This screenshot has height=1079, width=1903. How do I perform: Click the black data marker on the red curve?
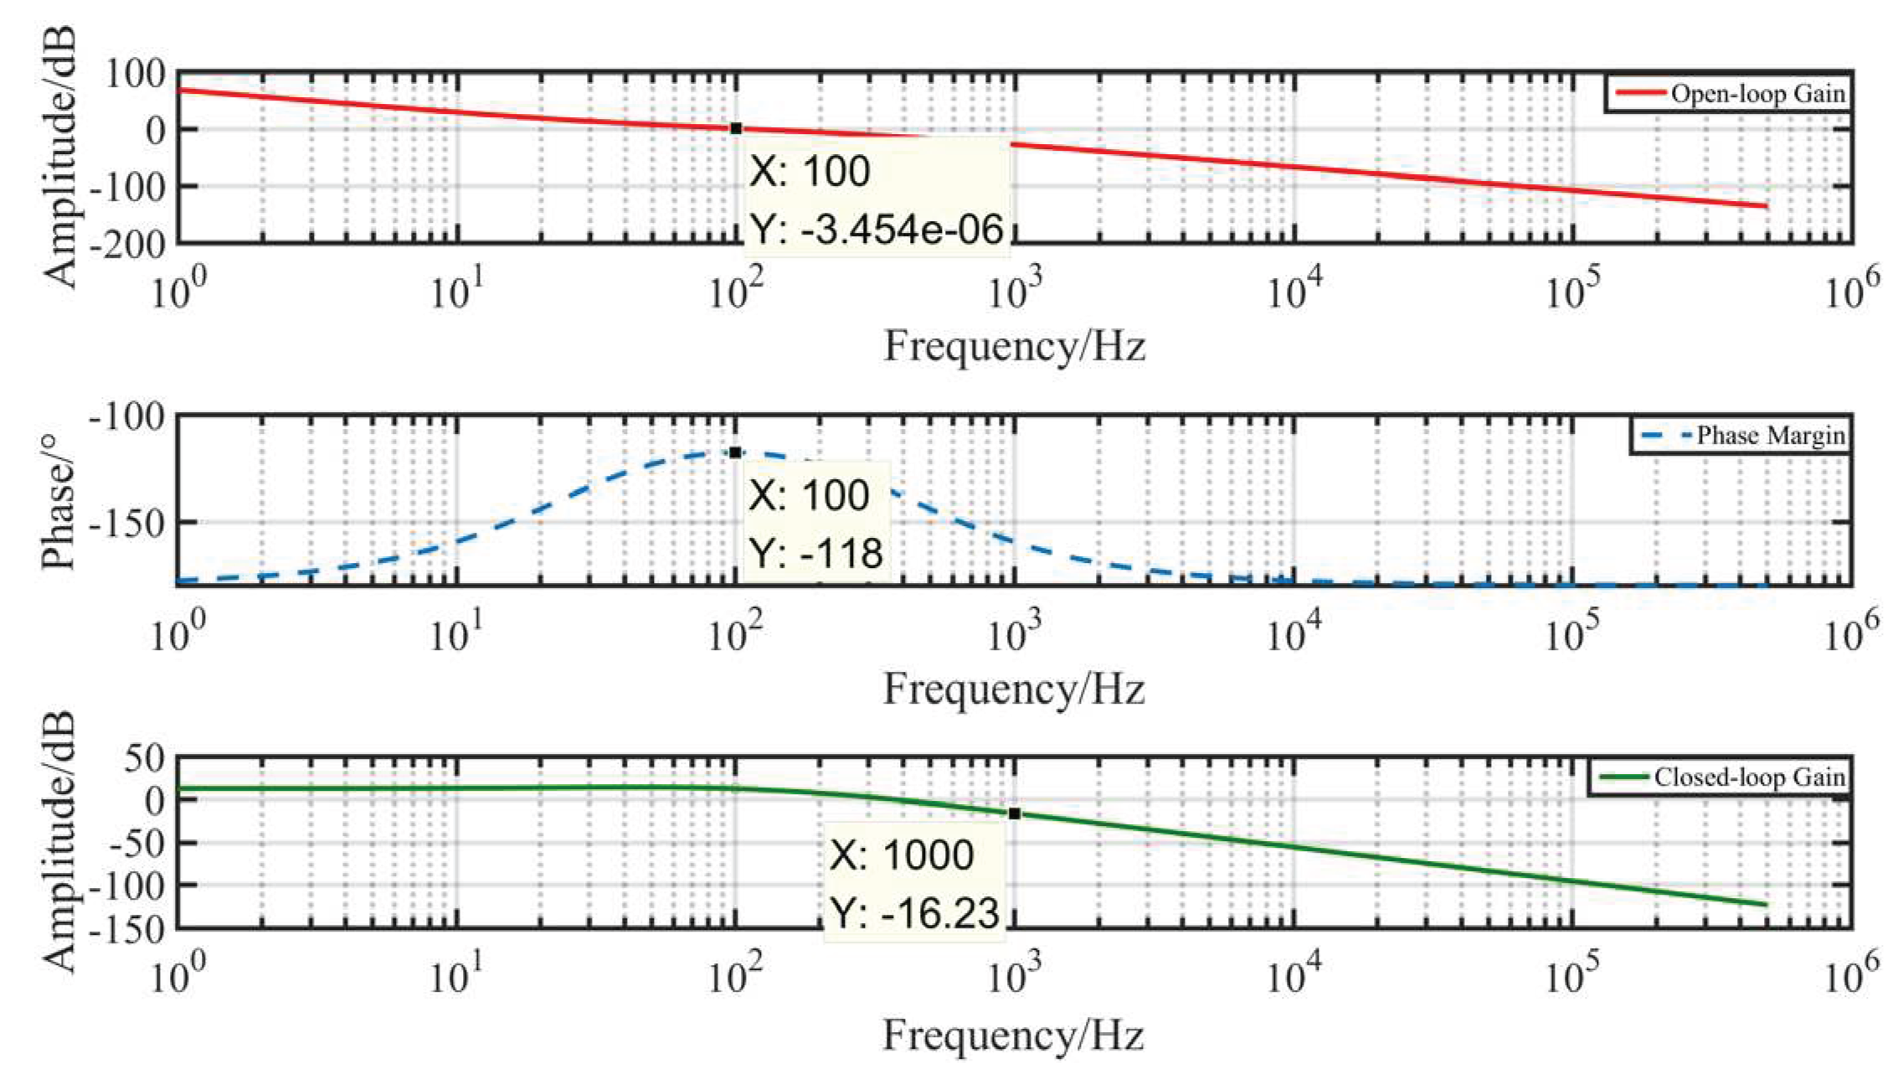(x=736, y=128)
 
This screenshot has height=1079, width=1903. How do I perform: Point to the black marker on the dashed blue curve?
(x=735, y=452)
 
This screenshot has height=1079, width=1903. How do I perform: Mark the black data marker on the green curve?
(x=1014, y=813)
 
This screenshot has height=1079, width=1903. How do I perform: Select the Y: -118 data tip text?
(x=815, y=553)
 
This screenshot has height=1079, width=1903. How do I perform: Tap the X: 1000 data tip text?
(x=902, y=855)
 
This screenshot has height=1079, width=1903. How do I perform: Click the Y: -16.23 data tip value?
(x=915, y=913)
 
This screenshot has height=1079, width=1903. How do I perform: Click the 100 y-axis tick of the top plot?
(x=135, y=74)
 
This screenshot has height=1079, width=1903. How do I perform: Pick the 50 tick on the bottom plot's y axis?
(x=144, y=758)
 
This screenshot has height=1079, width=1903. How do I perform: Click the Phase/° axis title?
(x=59, y=503)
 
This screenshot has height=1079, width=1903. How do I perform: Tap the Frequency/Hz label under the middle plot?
(x=1014, y=690)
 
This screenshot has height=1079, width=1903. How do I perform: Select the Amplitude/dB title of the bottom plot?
(x=59, y=841)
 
